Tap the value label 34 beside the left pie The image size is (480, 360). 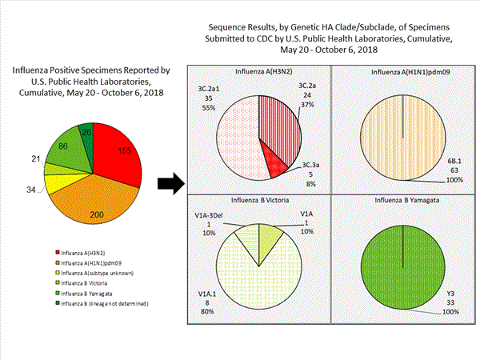click(31, 190)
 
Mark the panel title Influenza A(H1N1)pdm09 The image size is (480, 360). click(402, 71)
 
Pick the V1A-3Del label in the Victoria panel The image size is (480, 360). click(211, 214)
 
